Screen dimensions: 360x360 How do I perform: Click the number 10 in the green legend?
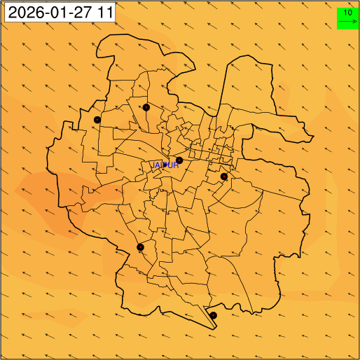pyautogui.click(x=348, y=12)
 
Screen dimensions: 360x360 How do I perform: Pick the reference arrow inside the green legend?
pyautogui.click(x=348, y=22)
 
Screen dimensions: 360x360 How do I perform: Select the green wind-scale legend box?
pyautogui.click(x=348, y=18)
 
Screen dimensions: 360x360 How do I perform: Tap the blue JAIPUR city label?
pyautogui.click(x=166, y=165)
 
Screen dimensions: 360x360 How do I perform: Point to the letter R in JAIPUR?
pyautogui.click(x=176, y=165)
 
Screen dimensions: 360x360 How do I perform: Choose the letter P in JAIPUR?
pyautogui.click(x=165, y=165)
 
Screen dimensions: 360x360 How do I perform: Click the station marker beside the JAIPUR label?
pyautogui.click(x=179, y=160)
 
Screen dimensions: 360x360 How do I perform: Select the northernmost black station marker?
pyautogui.click(x=146, y=107)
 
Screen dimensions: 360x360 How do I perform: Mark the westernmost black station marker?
pyautogui.click(x=97, y=120)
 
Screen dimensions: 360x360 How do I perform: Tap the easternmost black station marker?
pyautogui.click(x=224, y=176)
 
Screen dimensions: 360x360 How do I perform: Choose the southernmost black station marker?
pyautogui.click(x=214, y=316)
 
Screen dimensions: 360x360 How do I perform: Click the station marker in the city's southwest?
pyautogui.click(x=140, y=247)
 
